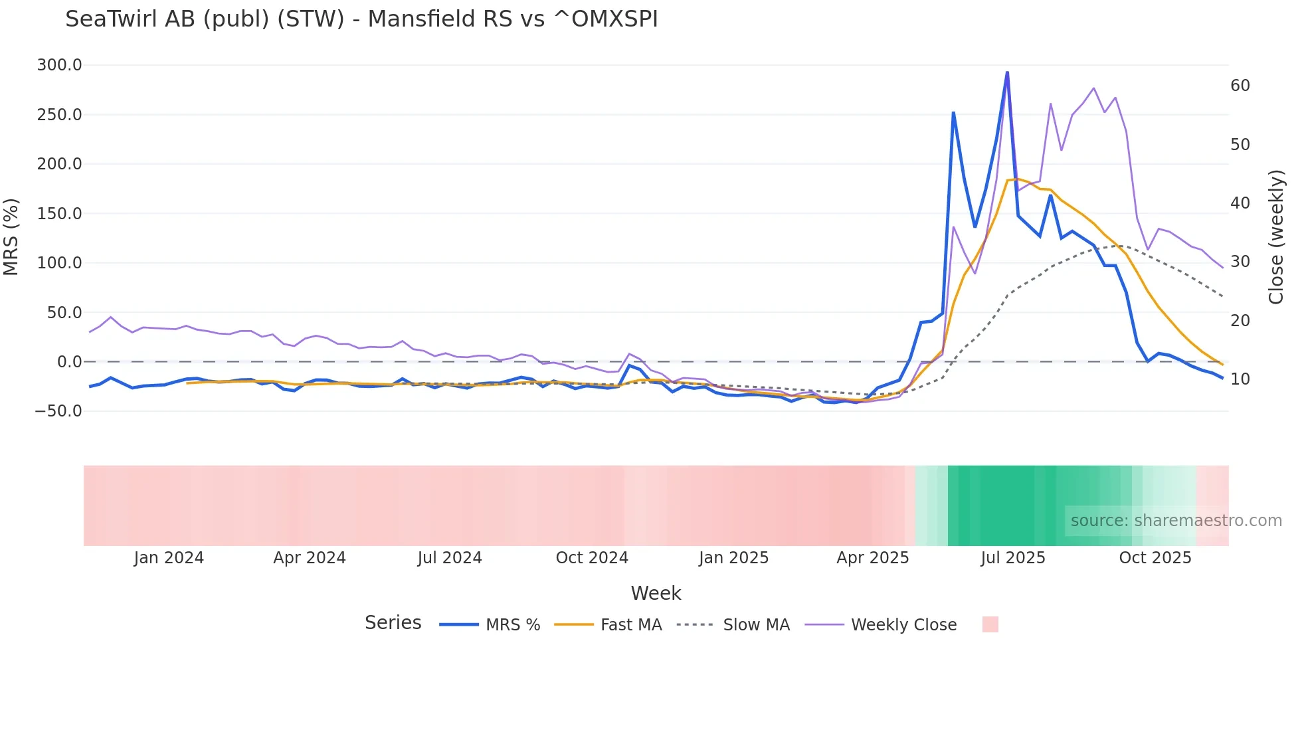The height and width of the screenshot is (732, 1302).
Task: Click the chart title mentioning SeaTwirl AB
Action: (361, 19)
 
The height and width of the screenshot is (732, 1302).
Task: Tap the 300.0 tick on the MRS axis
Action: (60, 65)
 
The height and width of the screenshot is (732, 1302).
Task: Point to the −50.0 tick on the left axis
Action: (58, 411)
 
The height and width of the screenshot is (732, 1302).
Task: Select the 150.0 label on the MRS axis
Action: (60, 214)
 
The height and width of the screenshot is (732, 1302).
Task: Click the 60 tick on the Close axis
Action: (1240, 86)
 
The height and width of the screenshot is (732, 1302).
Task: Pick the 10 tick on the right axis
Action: (1240, 379)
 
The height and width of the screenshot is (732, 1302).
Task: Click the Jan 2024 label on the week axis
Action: (169, 558)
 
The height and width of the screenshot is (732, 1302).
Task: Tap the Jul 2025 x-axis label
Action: (1013, 558)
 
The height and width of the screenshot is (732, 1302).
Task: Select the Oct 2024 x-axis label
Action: (592, 558)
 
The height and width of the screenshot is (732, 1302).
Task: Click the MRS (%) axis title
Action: (11, 236)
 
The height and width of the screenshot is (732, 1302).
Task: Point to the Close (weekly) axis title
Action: (1276, 237)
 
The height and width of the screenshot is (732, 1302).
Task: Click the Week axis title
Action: (656, 593)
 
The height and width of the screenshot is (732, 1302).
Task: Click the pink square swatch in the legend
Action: (990, 624)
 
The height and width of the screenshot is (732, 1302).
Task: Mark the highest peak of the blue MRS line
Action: (1007, 72)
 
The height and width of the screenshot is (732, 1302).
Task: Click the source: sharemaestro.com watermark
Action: (1176, 521)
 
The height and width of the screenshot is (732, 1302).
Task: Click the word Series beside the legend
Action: (393, 623)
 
